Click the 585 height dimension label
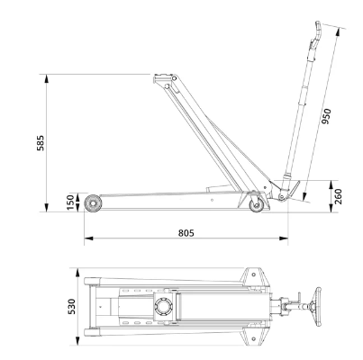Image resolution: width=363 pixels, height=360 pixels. pos(41,143)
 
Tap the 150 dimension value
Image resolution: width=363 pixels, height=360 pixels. pos(70,202)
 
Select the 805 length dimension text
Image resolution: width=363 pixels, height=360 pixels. pos(186,233)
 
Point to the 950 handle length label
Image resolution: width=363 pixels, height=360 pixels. pos(326,116)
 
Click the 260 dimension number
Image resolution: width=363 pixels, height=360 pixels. pos(338,196)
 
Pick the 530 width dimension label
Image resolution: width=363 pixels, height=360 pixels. pos(72,306)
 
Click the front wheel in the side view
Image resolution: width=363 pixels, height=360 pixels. pos(93,203)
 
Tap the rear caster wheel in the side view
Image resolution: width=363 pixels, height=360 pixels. pos(257,205)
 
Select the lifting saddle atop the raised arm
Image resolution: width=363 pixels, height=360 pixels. pos(164,78)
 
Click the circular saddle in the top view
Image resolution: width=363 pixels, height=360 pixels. pos(164,307)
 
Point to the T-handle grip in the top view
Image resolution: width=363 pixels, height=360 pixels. pos(317,307)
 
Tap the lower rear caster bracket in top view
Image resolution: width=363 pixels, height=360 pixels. pos(254,337)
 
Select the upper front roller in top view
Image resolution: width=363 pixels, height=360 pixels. pos(92,282)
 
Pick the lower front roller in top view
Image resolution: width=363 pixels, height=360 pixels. pos(92,332)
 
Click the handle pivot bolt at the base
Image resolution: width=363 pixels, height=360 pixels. pos(281,197)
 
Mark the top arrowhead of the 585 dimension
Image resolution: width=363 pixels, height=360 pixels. pos(46,78)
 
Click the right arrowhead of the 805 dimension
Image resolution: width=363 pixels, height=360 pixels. pos(284,238)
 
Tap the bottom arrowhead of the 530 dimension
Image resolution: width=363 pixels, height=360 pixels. pos(77,341)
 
